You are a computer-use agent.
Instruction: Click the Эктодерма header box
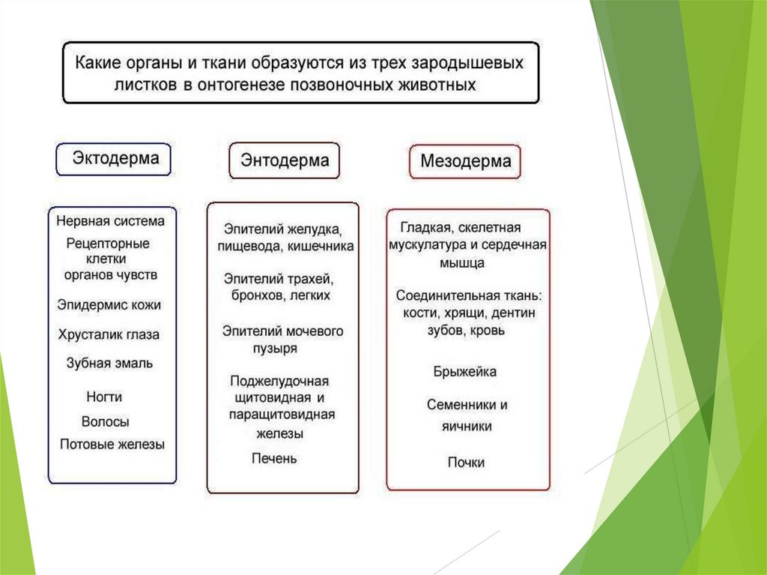pyautogui.click(x=113, y=159)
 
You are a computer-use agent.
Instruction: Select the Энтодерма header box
pyautogui.click(x=284, y=160)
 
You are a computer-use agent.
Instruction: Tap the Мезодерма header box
pyautogui.click(x=465, y=160)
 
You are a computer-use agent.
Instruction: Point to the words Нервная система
pyautogui.click(x=110, y=221)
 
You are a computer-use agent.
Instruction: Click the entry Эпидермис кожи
pyautogui.click(x=109, y=305)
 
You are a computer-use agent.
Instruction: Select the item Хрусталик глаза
pyautogui.click(x=109, y=334)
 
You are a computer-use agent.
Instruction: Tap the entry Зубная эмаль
pyautogui.click(x=109, y=363)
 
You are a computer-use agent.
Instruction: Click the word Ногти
pyautogui.click(x=104, y=397)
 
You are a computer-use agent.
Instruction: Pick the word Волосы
pyautogui.click(x=106, y=421)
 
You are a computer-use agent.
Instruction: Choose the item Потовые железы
pyautogui.click(x=112, y=445)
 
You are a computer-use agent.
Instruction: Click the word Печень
pyautogui.click(x=274, y=457)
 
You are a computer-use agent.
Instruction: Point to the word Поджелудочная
pyautogui.click(x=279, y=381)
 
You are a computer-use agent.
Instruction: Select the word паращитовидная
pyautogui.click(x=282, y=415)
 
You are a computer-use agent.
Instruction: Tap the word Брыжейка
pyautogui.click(x=464, y=372)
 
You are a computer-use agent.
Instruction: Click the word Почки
pyautogui.click(x=466, y=463)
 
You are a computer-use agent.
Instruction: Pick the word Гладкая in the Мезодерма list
pyautogui.click(x=424, y=227)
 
